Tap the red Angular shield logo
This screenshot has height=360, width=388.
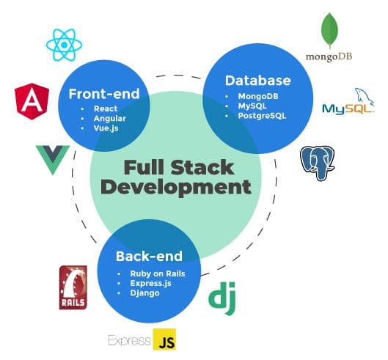[x=32, y=103]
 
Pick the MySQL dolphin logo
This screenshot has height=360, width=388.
[x=348, y=105]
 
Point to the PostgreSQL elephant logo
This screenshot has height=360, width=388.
[x=318, y=162]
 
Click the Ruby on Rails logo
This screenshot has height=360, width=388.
[x=73, y=287]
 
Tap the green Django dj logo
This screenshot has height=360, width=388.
[x=221, y=297]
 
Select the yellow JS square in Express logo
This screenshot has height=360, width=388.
[x=164, y=340]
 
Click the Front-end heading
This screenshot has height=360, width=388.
[x=103, y=94]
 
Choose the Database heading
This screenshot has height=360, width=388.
[x=257, y=81]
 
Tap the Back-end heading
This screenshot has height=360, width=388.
[x=149, y=257]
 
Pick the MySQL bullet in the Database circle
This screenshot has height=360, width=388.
[x=254, y=106]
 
